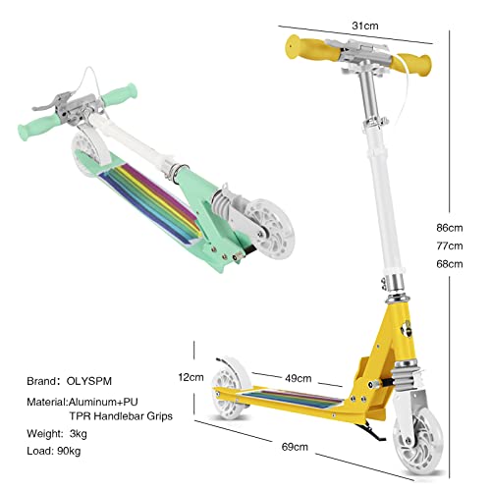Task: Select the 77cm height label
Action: pyautogui.click(x=451, y=245)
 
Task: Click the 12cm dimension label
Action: pyautogui.click(x=191, y=377)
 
